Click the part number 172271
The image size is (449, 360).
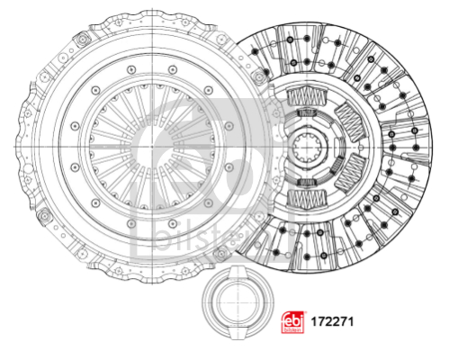332,322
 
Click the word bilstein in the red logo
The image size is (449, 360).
292,329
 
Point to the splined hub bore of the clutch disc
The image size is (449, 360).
309,148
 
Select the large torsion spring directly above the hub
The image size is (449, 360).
307,96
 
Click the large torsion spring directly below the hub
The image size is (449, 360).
307,199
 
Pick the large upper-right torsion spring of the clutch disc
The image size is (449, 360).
350,122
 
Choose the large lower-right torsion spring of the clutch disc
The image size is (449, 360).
350,173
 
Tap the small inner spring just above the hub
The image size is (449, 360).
307,112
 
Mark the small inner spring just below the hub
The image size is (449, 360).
307,182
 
